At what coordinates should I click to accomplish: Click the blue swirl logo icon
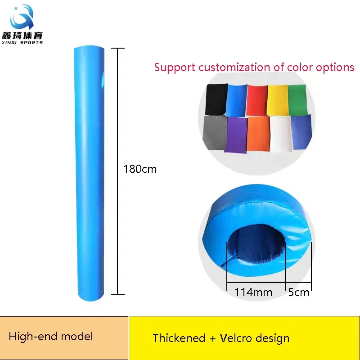pos(22,17)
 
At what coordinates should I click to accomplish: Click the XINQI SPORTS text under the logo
pos(22,42)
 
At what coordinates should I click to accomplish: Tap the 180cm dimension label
pos(140,169)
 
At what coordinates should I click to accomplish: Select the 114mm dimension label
pos(253,292)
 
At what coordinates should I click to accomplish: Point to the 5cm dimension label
pos(298,292)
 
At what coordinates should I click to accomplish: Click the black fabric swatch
pos(216,99)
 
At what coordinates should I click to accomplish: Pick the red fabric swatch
pos(256,100)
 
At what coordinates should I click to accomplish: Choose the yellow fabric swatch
pos(277,100)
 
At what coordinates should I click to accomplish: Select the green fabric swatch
pos(297,99)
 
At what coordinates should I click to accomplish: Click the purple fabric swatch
pos(236,135)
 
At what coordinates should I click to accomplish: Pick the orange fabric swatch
pos(258,134)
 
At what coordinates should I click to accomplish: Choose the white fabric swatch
pos(280,134)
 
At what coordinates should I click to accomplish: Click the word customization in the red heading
pos(234,67)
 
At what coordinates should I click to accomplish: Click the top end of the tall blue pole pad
pos(89,47)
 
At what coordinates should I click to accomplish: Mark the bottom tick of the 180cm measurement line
pos(118,294)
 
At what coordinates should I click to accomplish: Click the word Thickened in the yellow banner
pos(179,338)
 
